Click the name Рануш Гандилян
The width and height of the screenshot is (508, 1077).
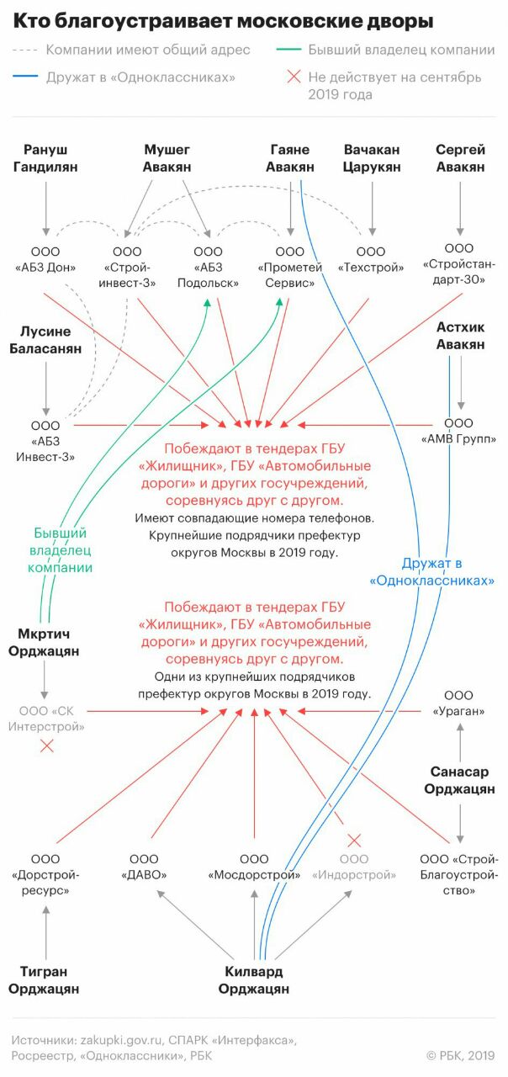[x=46, y=158]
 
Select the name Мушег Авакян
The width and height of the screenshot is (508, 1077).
[x=168, y=158]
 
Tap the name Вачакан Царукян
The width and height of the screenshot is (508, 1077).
[x=372, y=158]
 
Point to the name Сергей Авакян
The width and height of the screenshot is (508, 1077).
[x=460, y=158]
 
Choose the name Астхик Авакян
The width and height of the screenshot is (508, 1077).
[x=460, y=335]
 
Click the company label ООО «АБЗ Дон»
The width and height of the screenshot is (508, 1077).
[x=46, y=260]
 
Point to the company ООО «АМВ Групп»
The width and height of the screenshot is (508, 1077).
[x=458, y=431]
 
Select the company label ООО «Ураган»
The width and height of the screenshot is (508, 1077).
[x=458, y=703]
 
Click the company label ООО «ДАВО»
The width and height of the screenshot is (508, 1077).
[x=144, y=867]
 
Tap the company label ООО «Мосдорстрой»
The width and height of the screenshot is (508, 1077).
[x=254, y=867]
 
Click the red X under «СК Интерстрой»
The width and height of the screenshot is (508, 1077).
[x=48, y=745]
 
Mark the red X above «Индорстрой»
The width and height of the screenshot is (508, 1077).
[x=354, y=839]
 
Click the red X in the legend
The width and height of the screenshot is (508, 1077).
[x=294, y=77]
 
